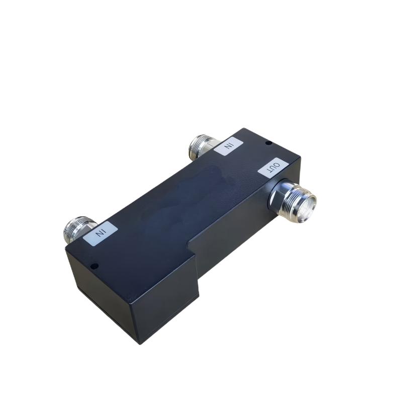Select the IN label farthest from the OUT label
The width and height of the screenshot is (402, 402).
tap(100, 233)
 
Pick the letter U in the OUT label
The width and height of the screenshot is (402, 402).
tap(274, 167)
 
